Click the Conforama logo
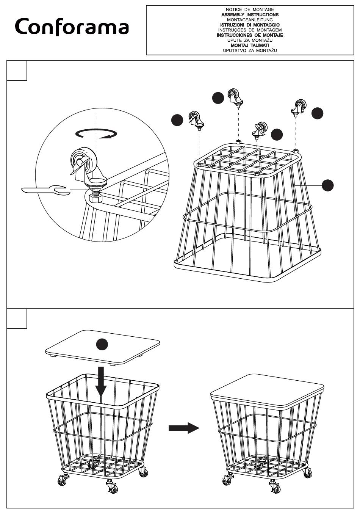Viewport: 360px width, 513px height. [x=72, y=27]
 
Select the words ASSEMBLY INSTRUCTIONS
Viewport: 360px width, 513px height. [x=250, y=14]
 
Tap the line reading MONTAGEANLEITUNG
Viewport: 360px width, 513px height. [x=250, y=19]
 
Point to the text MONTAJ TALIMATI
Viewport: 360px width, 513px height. [x=250, y=45]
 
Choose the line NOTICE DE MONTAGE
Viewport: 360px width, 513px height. [x=250, y=9]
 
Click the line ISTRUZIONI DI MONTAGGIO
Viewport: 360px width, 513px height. [x=250, y=25]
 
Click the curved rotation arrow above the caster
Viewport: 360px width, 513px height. [x=96, y=133]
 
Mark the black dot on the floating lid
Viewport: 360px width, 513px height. [x=102, y=345]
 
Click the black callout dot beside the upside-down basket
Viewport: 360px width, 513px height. [x=328, y=185]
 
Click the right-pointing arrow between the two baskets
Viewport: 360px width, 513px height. [x=183, y=428]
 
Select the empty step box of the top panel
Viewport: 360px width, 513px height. [x=17, y=71]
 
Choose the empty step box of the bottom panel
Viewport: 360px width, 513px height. [x=17, y=318]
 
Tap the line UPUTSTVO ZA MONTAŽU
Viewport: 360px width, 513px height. [x=250, y=50]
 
